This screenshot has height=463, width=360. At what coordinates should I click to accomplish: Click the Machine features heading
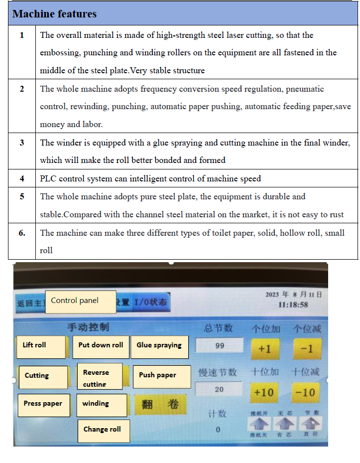coord(54,14)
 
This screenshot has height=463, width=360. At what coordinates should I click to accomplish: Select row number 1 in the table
coord(21,35)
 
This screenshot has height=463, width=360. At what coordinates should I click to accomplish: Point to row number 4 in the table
coord(21,178)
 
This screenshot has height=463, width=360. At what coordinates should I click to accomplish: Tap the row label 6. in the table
coord(22,233)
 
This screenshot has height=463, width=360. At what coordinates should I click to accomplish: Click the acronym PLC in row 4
coord(48,178)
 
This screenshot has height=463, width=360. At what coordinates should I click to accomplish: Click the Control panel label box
coord(80,302)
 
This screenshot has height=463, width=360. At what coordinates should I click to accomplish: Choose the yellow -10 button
coord(305,392)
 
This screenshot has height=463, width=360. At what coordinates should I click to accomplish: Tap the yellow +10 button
coord(264,392)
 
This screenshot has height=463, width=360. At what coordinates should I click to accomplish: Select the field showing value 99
coord(220,345)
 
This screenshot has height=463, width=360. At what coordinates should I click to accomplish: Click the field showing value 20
coord(219,390)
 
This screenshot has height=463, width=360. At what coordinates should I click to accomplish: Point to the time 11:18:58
coord(293,305)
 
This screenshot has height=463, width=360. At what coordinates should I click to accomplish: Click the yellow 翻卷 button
coord(160,404)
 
